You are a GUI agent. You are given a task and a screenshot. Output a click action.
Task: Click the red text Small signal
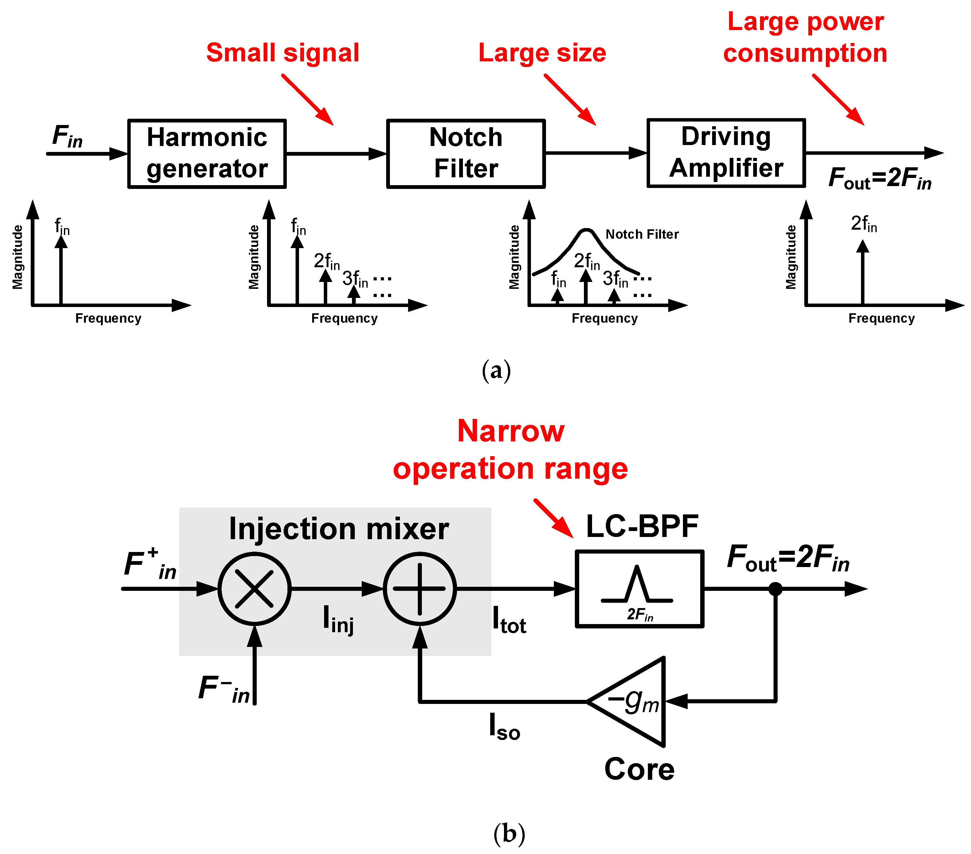(283, 53)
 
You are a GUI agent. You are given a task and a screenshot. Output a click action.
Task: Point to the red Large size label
(542, 53)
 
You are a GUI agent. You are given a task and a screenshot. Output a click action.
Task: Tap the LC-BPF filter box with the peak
(639, 589)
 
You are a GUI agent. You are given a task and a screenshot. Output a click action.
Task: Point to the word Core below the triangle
(639, 769)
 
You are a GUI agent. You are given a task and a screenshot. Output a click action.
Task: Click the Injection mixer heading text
(339, 529)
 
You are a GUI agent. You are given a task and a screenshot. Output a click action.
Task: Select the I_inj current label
(338, 619)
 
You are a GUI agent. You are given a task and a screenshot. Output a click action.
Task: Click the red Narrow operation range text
(510, 450)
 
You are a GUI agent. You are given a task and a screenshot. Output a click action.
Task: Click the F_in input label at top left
(67, 136)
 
